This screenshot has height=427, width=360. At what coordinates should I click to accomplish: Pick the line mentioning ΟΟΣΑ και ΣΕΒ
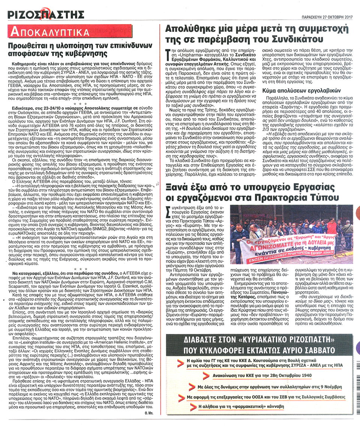click(269, 396)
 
